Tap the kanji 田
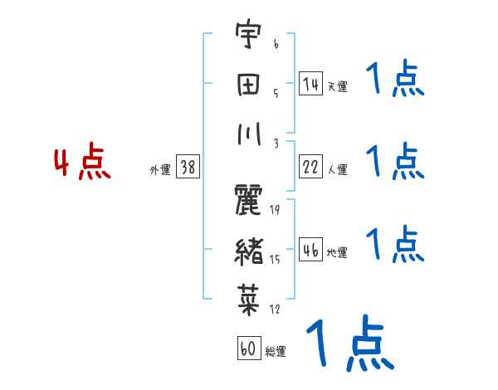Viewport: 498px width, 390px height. [248, 86]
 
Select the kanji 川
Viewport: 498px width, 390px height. [248, 135]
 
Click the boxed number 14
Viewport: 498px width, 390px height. [310, 83]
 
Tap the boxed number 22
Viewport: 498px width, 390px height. [310, 166]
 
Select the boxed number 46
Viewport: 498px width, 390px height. [310, 249]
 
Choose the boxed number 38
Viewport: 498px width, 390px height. [188, 167]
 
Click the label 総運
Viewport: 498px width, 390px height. [276, 352]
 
